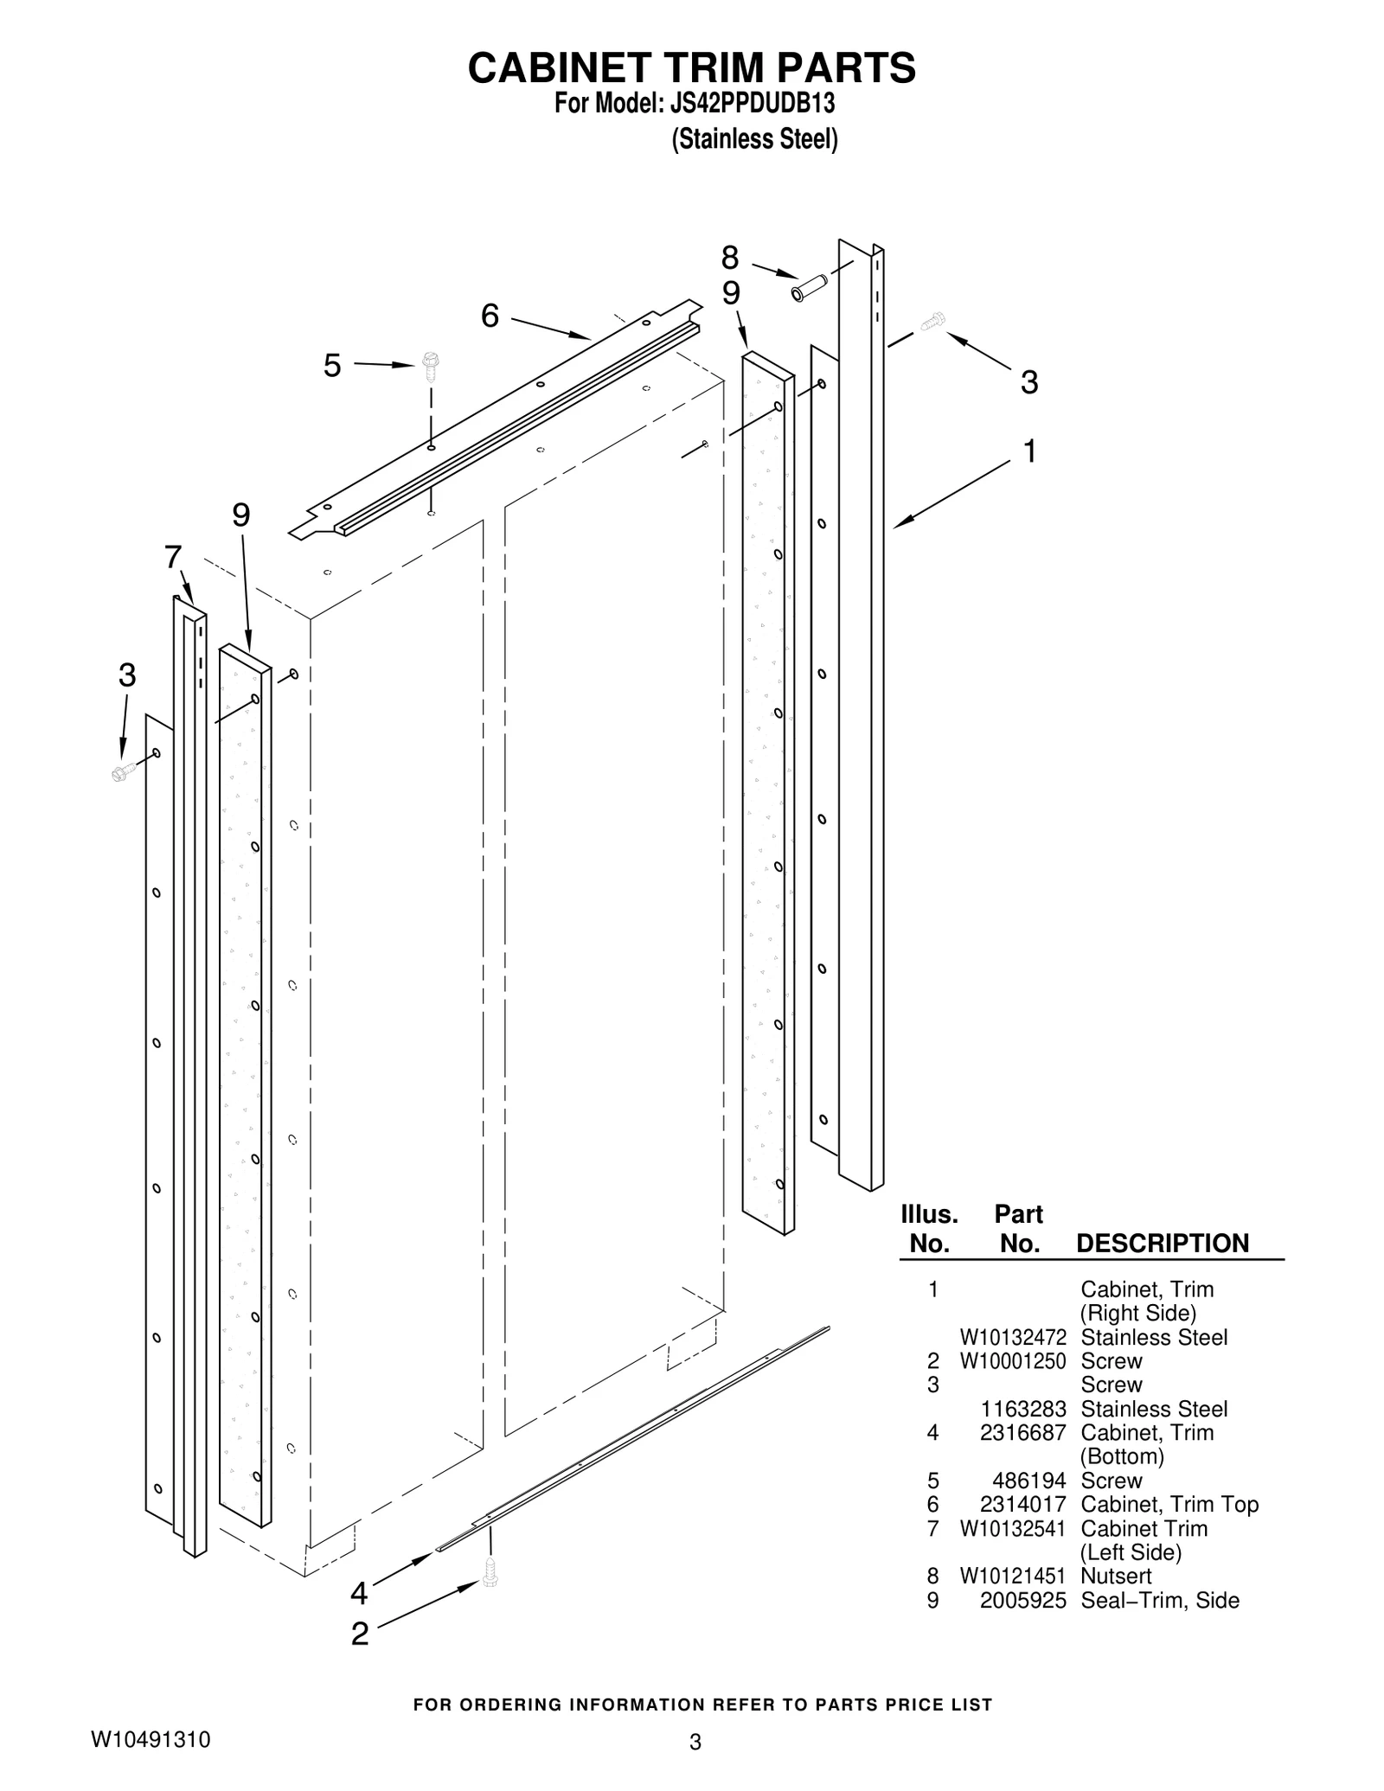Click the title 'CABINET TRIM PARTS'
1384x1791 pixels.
(691, 67)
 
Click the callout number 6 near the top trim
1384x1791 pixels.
(490, 317)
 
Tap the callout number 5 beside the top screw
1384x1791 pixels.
(332, 366)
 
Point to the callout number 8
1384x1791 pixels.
(730, 258)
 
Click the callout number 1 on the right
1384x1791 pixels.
(1029, 451)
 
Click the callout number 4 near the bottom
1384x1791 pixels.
(359, 1593)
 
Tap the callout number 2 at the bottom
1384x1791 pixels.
(360, 1634)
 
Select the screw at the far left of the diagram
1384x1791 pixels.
(124, 771)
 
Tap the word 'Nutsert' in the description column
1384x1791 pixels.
(1116, 1577)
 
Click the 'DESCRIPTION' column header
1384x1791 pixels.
(1162, 1244)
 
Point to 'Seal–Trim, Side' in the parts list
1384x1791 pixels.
(1159, 1601)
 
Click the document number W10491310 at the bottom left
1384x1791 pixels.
(151, 1739)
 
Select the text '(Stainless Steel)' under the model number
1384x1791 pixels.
(754, 139)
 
